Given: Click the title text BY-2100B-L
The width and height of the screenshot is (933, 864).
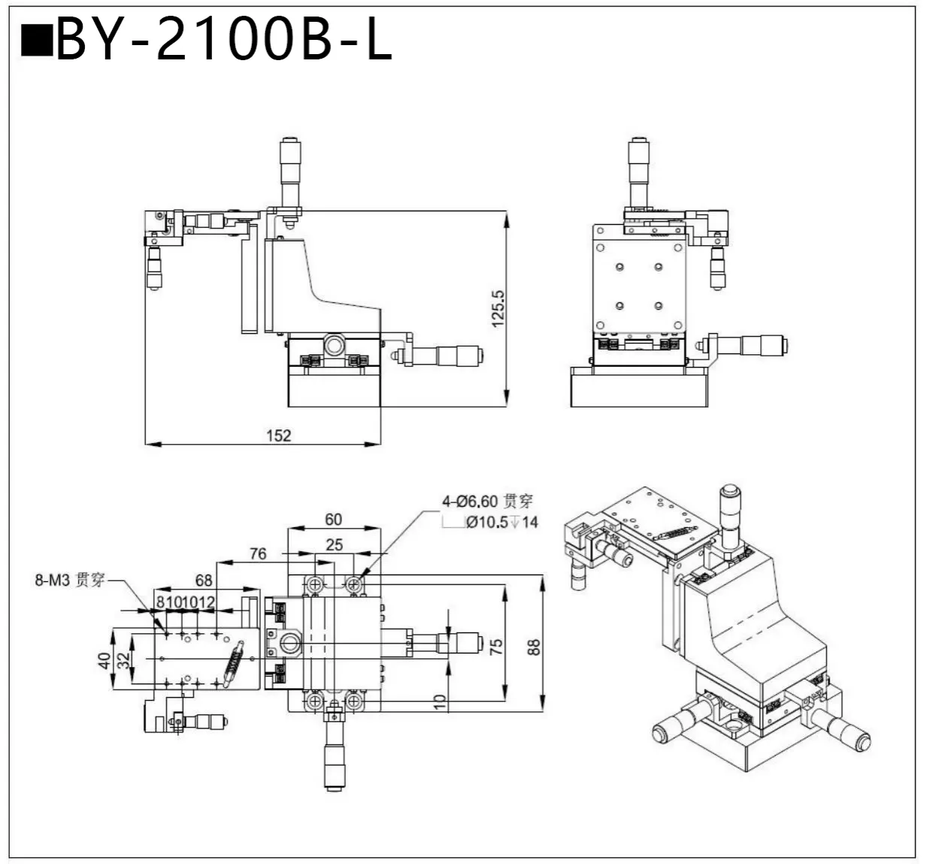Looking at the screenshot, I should [x=224, y=39].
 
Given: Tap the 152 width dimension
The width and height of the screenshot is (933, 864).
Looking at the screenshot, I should [x=278, y=435].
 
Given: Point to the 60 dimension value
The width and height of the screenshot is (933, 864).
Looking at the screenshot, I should [x=333, y=519].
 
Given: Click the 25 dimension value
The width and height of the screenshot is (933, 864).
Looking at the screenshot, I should [x=334, y=544].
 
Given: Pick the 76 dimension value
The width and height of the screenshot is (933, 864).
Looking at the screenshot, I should [x=258, y=553].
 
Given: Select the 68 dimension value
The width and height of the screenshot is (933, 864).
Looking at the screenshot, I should [x=204, y=580].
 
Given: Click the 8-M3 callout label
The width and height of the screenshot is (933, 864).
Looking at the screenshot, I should [x=69, y=580].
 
